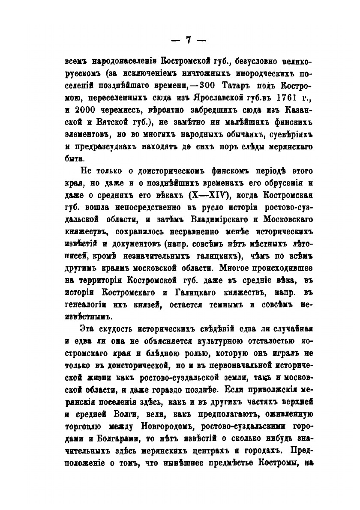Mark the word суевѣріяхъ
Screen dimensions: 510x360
tap(284, 135)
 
